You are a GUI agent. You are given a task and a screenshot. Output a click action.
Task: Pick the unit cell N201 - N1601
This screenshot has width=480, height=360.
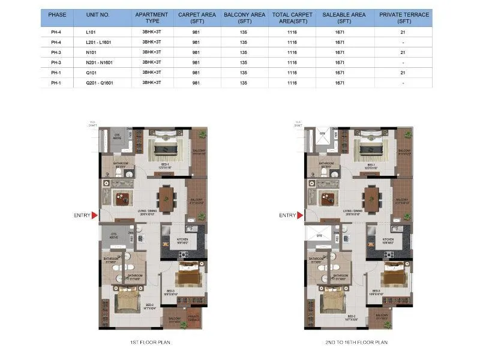pyautogui.click(x=99, y=62)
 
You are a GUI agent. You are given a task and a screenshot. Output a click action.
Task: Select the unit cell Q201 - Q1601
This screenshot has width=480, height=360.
pyautogui.click(x=99, y=82)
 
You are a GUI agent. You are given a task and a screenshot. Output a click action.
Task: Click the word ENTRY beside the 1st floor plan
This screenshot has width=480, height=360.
pyautogui.click(x=82, y=215)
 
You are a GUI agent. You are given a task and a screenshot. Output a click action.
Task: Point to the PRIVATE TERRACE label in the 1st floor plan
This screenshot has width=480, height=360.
pyautogui.click(x=193, y=317)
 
